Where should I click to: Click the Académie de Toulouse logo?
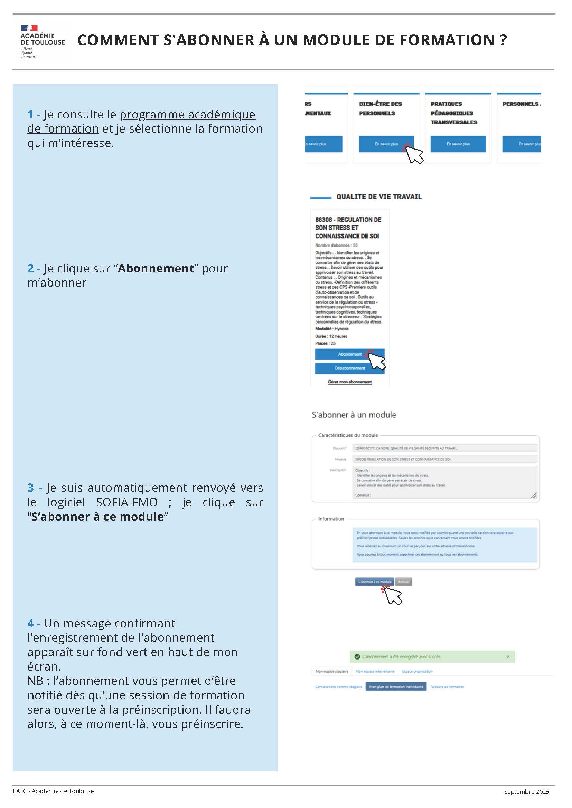[42, 41]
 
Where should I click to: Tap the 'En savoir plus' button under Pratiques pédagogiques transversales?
[458, 144]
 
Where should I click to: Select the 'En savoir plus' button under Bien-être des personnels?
[386, 144]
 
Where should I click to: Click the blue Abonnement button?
[349, 354]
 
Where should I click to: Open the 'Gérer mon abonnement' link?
[350, 382]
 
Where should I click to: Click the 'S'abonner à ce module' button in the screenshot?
[374, 582]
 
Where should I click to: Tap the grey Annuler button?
[404, 582]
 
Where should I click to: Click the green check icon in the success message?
[357, 657]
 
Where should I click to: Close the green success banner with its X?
[508, 657]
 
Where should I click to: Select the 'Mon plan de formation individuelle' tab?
[396, 686]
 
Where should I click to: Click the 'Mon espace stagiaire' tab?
[331, 671]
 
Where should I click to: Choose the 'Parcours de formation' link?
[447, 686]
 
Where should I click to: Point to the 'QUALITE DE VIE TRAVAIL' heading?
[379, 197]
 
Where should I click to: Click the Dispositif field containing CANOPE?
[444, 448]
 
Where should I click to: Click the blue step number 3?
[31, 488]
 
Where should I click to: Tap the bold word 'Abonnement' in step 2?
[156, 269]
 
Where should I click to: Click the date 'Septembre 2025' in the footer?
[526, 791]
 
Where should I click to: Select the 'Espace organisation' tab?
[417, 671]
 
